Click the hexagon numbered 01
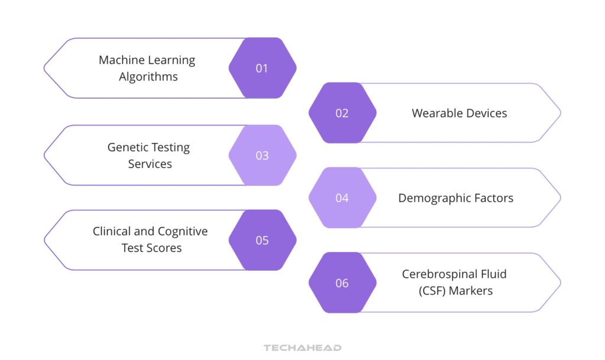click(262, 68)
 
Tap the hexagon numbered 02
click(342, 113)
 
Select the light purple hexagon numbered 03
click(262, 155)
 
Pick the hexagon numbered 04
click(342, 198)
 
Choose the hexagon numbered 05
click(262, 241)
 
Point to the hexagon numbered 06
click(342, 283)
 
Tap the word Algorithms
click(148, 77)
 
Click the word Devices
click(484, 113)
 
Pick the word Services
click(150, 164)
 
